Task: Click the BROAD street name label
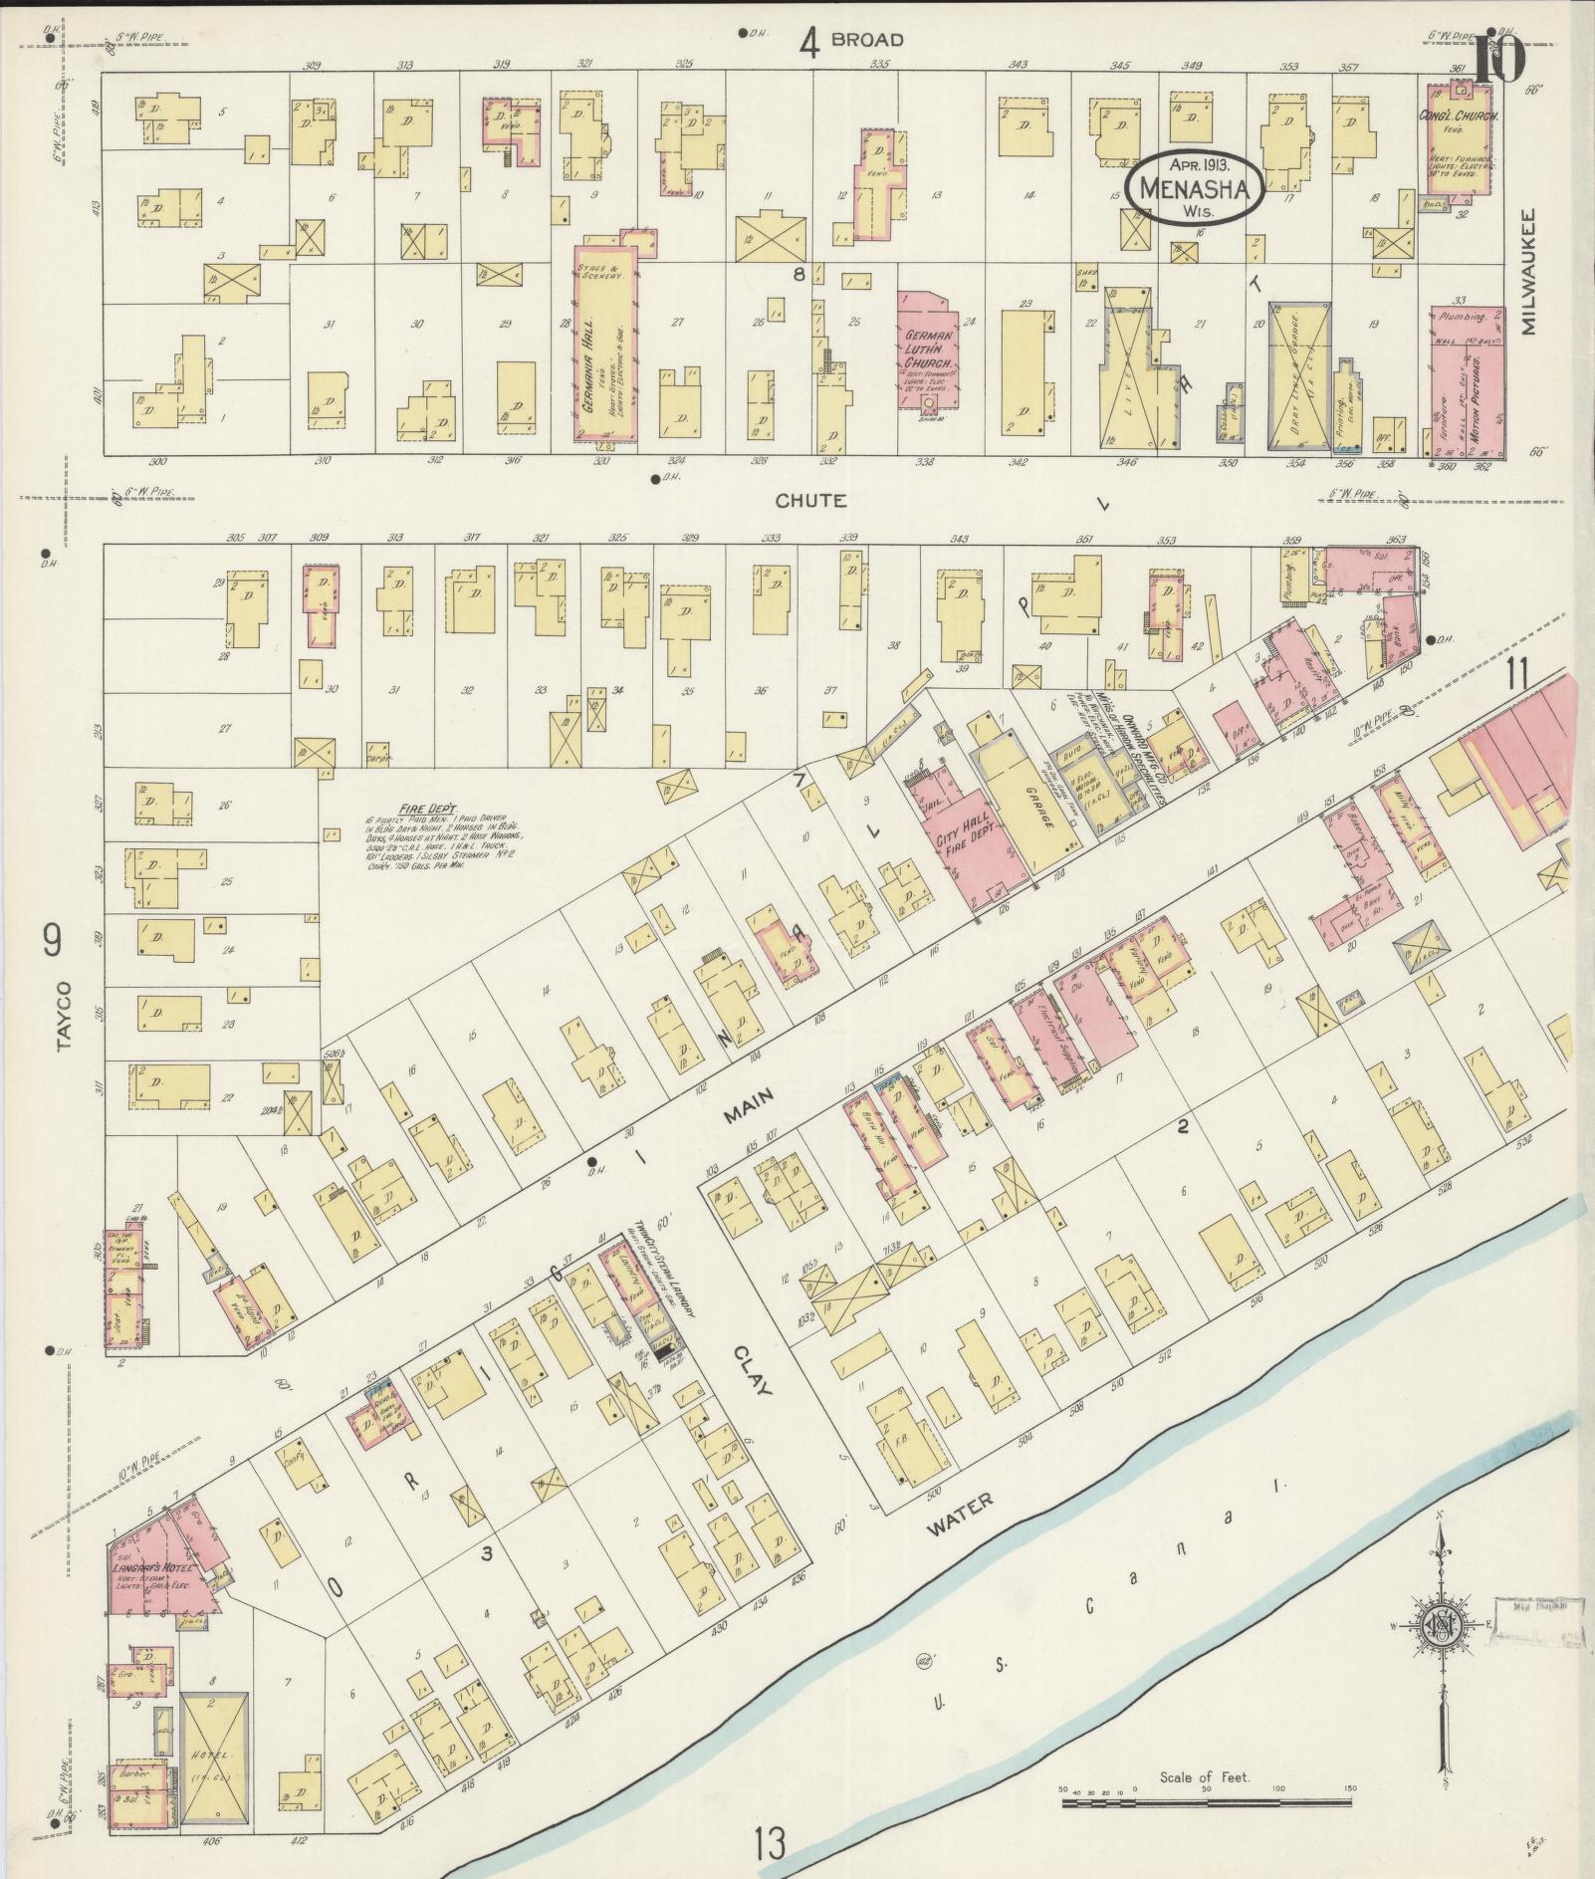click(x=866, y=40)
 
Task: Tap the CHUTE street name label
click(x=812, y=501)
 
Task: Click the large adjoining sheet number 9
click(x=52, y=939)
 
